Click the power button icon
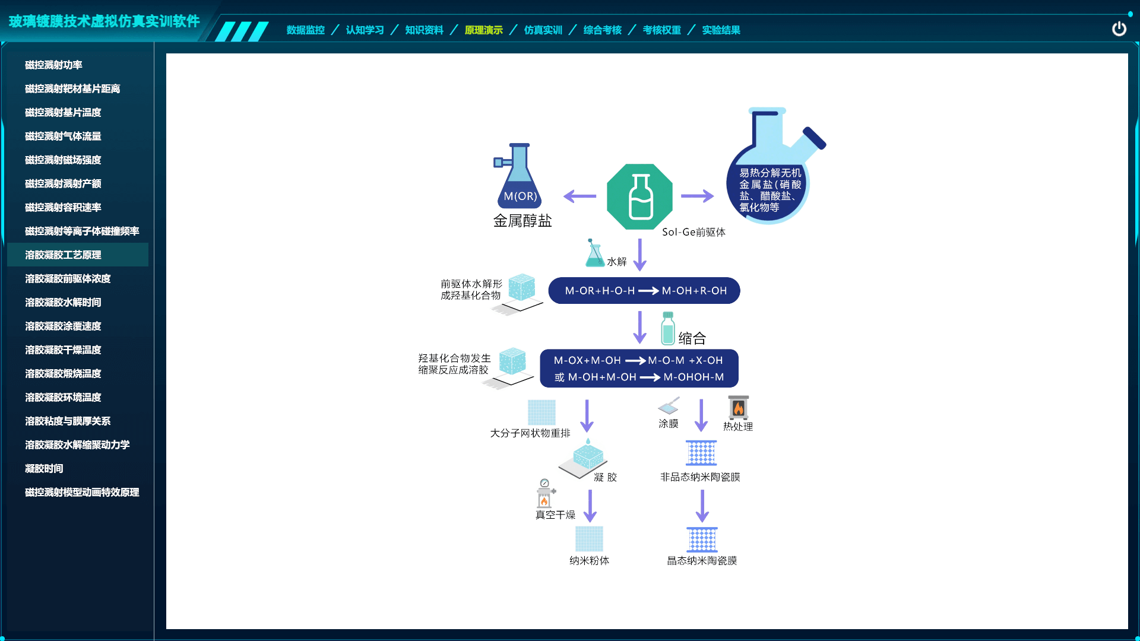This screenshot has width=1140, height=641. click(x=1119, y=28)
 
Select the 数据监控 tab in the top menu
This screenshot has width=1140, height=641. click(x=305, y=30)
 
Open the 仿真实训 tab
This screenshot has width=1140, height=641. click(x=543, y=30)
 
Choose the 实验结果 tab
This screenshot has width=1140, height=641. click(x=721, y=30)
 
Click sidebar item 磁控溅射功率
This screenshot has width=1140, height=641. click(x=53, y=65)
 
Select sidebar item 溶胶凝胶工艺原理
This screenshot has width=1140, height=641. click(x=63, y=255)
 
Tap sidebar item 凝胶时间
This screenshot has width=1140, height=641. click(x=44, y=468)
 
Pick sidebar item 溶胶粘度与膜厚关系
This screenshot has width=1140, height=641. click(x=68, y=421)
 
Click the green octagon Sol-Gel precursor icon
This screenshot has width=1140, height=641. click(x=639, y=196)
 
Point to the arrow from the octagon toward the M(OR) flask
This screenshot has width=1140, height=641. click(x=579, y=196)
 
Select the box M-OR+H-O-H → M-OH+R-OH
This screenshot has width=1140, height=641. click(x=644, y=291)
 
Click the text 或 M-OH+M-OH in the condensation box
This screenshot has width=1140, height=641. click(x=595, y=377)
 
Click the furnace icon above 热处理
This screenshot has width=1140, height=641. click(x=738, y=407)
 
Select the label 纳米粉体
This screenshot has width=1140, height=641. click(x=589, y=560)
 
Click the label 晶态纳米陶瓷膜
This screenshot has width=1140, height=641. click(x=702, y=560)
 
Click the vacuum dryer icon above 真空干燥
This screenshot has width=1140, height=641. click(x=544, y=494)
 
